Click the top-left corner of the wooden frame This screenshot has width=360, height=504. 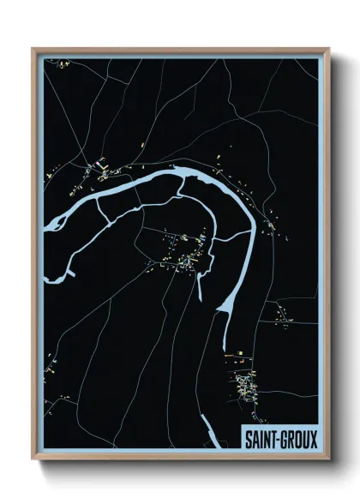coord(33,49)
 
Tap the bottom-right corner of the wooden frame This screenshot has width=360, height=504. coord(328,459)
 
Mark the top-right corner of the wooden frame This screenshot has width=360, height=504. coord(328,49)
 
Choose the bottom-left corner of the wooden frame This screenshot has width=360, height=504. coord(33,459)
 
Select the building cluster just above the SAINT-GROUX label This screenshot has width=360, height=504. coord(246,383)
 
